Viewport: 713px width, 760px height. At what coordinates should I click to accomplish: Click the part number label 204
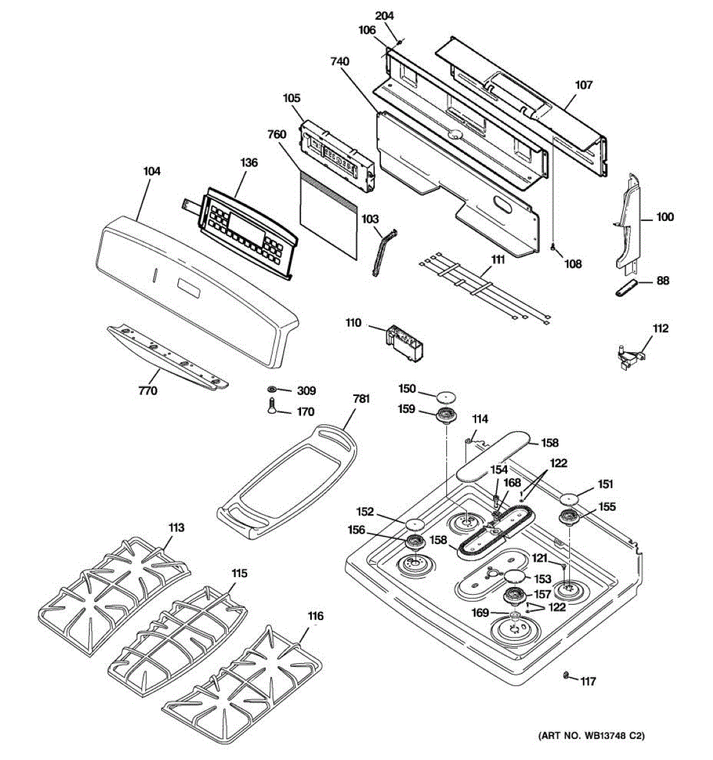tap(384, 16)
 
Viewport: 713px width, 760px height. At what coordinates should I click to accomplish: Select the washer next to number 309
tap(272, 389)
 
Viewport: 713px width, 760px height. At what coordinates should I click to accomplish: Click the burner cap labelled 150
tap(446, 396)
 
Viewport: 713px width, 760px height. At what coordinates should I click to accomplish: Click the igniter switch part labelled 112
tap(631, 357)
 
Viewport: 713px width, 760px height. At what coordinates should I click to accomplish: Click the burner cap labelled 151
tap(568, 497)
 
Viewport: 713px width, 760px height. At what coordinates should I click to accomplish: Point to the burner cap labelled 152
tap(415, 523)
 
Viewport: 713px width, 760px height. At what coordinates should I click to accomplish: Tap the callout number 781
tap(361, 399)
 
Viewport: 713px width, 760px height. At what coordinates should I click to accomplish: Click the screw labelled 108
tap(553, 248)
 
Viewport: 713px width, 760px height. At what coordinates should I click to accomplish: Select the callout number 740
tap(339, 61)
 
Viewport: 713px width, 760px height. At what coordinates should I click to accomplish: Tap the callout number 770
tap(148, 391)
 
